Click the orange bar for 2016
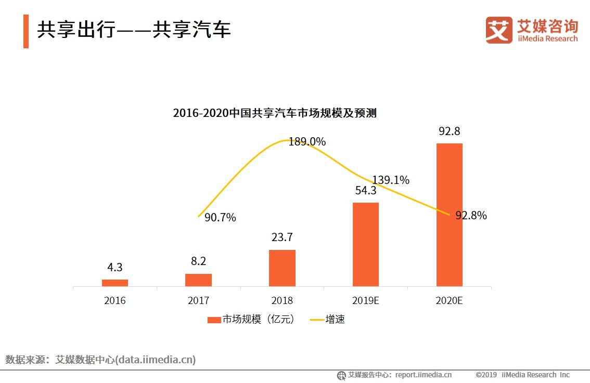point(114,283)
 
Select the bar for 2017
point(198,280)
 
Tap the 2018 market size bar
point(282,268)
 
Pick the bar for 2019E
point(366,244)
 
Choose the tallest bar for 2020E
point(449,215)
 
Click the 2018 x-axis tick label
point(282,301)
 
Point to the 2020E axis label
point(449,301)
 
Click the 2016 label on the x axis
point(114,301)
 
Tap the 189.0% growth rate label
point(307,141)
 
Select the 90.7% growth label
point(220,218)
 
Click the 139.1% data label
point(390,180)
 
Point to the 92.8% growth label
point(471,215)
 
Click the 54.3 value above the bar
point(366,191)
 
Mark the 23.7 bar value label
point(282,237)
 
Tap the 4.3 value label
point(114,268)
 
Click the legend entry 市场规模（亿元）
point(252,320)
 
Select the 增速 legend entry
point(328,320)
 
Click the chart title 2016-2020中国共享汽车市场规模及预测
point(274,113)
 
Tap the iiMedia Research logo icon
point(499,30)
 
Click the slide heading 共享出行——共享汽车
point(133,31)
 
